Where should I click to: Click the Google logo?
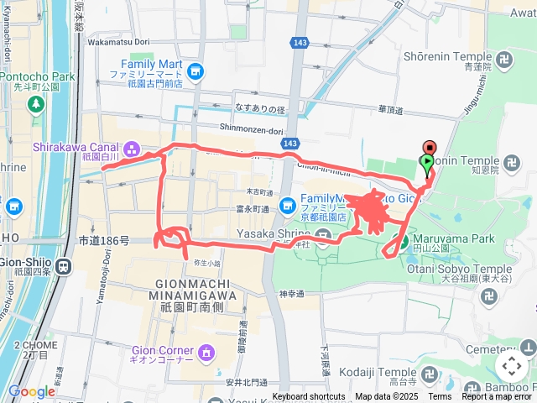(x=31, y=391)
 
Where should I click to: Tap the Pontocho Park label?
(x=37, y=76)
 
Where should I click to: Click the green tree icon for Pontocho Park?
(x=35, y=104)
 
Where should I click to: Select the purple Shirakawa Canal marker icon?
(x=132, y=149)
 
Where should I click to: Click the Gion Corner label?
(x=163, y=348)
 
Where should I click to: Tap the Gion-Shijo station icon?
(x=64, y=265)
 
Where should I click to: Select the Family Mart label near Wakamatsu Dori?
(x=150, y=64)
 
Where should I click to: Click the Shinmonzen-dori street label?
(x=229, y=129)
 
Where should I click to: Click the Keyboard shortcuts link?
(x=308, y=396)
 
